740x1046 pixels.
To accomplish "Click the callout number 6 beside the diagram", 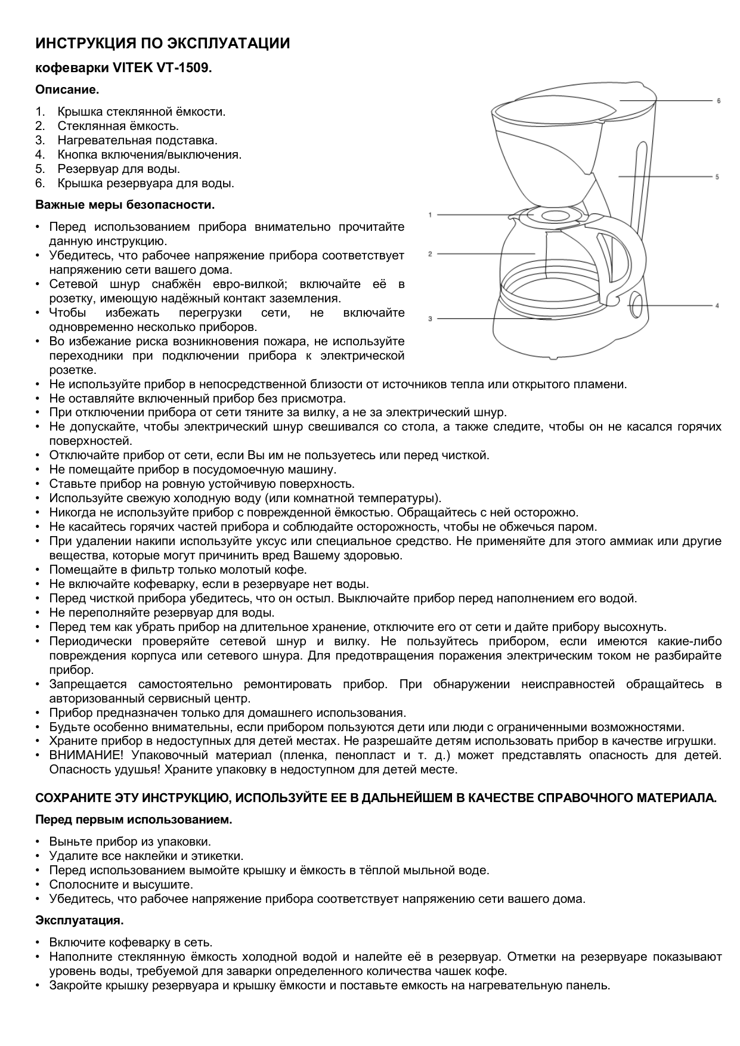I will pos(719,101).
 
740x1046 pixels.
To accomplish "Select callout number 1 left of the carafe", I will pos(430,214).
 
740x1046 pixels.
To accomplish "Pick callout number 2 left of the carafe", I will pos(430,254).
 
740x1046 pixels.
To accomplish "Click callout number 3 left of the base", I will pos(430,318).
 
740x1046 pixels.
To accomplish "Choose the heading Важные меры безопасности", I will pos(125,205).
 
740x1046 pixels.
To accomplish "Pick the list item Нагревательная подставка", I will pos(137,141).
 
